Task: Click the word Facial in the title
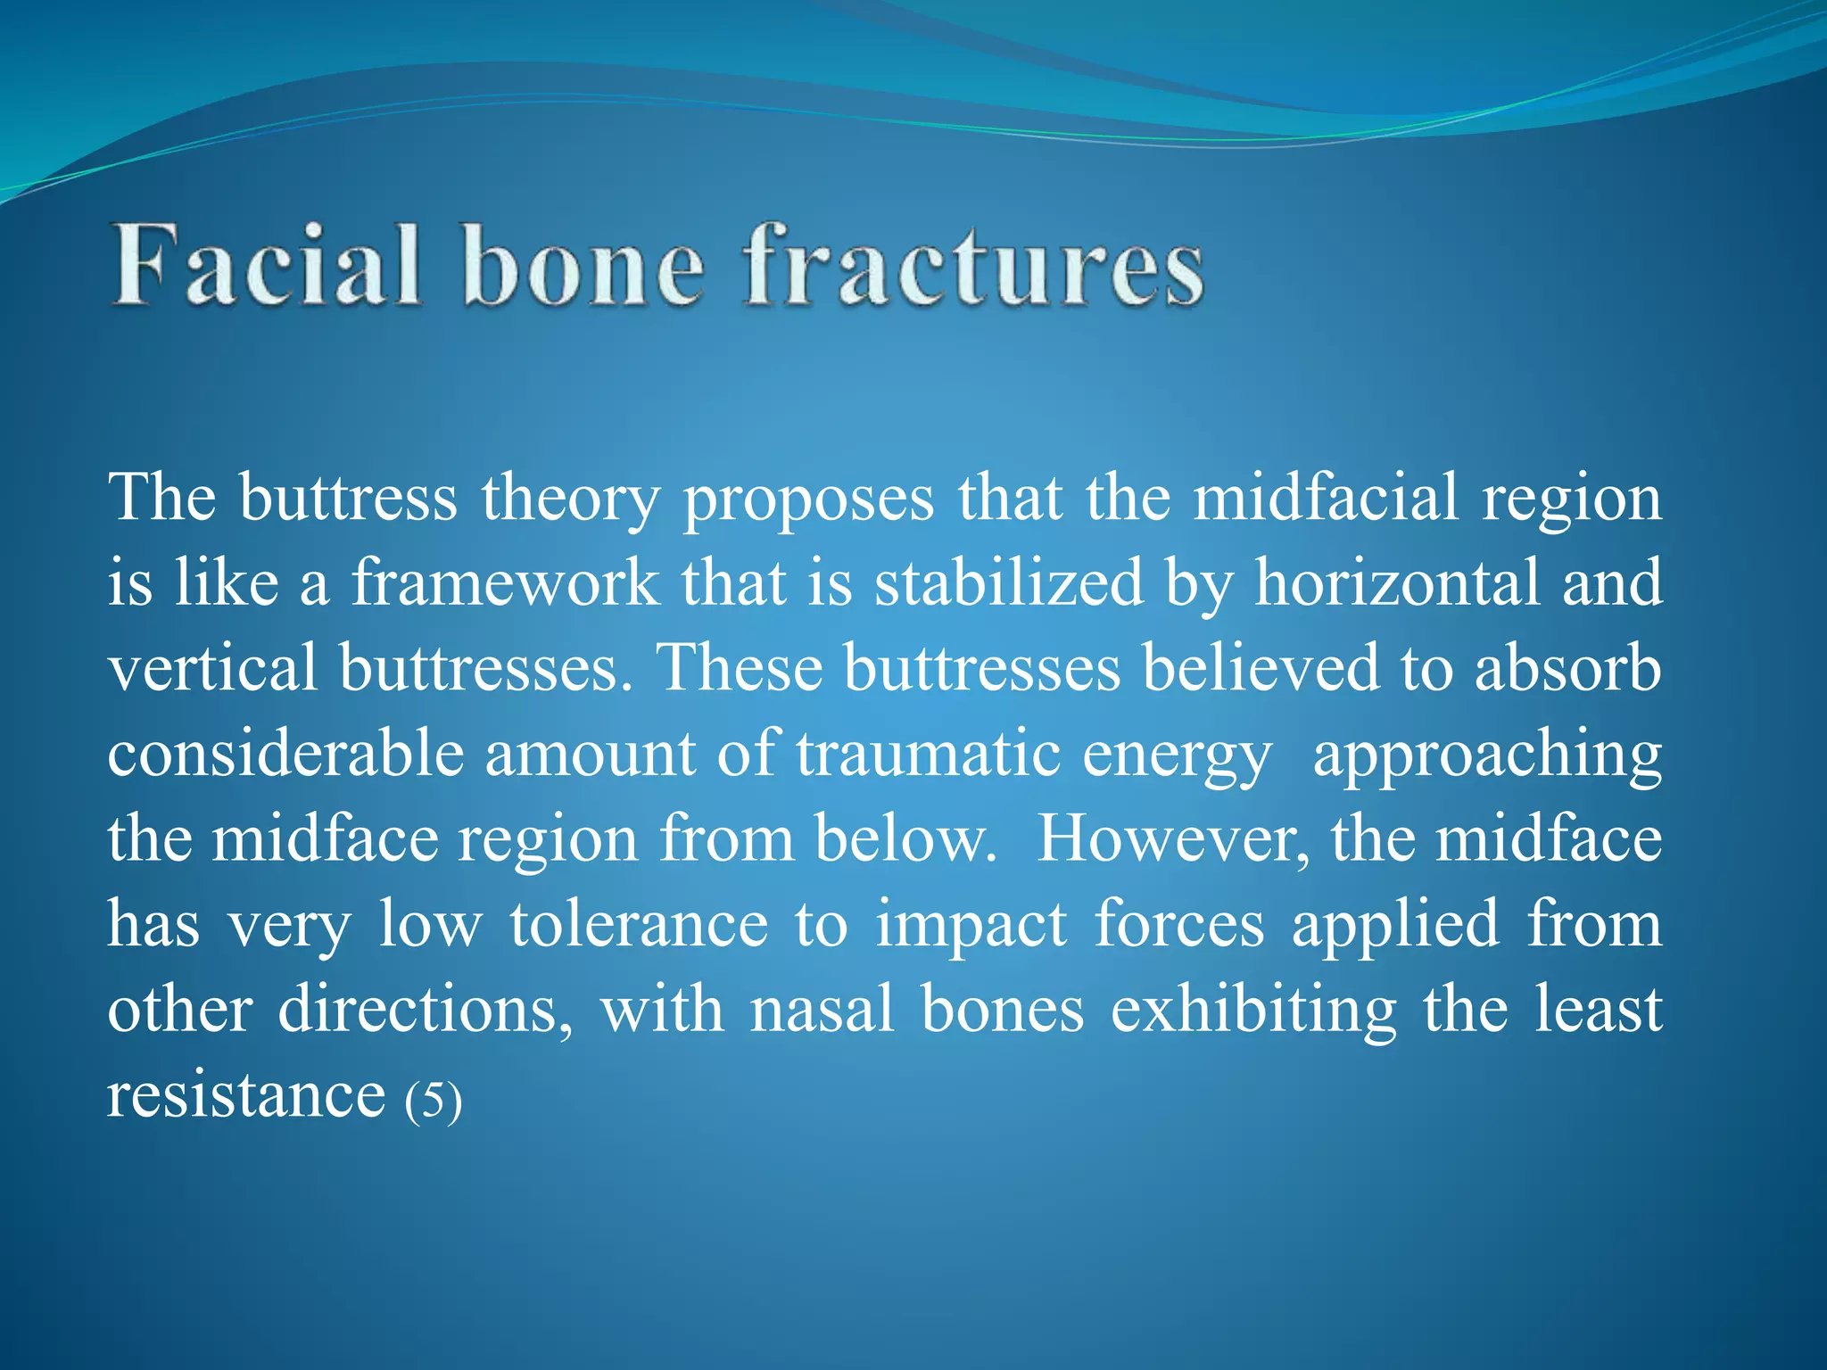click(x=266, y=266)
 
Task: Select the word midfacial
click(x=1326, y=498)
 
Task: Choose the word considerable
click(x=285, y=755)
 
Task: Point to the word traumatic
click(x=928, y=755)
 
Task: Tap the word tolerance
click(x=638, y=925)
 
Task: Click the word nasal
click(x=822, y=1011)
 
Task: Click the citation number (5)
click(x=434, y=1099)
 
